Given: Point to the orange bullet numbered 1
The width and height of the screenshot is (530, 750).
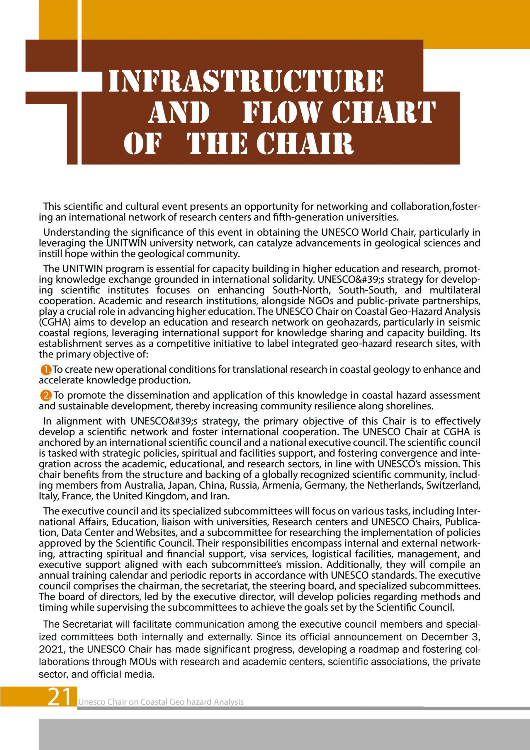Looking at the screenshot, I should [46, 370].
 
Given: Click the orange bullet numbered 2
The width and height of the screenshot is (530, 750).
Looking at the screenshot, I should [46, 396].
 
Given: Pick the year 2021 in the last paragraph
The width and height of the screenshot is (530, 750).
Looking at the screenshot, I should [50, 650].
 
